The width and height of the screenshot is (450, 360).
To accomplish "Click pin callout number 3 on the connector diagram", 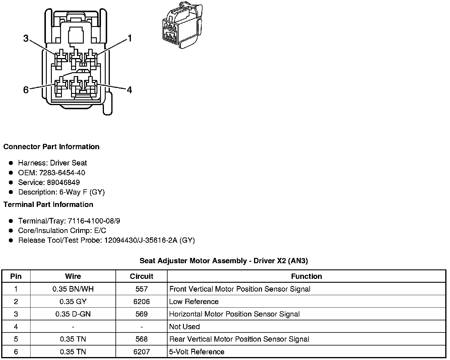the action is [x=26, y=38].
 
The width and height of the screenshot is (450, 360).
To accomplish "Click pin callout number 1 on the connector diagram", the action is [x=129, y=38].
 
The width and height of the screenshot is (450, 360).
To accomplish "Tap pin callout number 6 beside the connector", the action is [x=26, y=90].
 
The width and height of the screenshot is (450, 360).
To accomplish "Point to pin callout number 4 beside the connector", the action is [x=129, y=90].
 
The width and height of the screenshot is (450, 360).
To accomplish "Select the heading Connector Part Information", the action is [x=51, y=147].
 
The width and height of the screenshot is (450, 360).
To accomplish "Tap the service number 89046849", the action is [x=63, y=182].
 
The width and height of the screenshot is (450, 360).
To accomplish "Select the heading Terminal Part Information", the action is [x=48, y=205].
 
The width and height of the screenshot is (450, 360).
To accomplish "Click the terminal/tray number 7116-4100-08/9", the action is [x=94, y=221].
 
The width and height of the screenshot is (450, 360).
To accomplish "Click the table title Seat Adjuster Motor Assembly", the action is [x=224, y=261].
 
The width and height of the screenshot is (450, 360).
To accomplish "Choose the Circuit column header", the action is [x=142, y=277].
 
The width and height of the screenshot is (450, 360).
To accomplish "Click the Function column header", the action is [x=306, y=277].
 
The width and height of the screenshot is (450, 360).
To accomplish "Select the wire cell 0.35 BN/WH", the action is [x=73, y=289].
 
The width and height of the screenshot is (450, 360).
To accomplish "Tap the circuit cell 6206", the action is [x=142, y=302].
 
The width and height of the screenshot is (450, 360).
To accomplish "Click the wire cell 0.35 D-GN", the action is [x=73, y=314].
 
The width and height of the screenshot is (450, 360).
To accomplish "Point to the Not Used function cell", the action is [x=184, y=327].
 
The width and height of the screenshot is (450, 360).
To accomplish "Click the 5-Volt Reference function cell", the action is [x=197, y=352].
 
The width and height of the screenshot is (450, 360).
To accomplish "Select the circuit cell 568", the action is [x=142, y=339].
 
